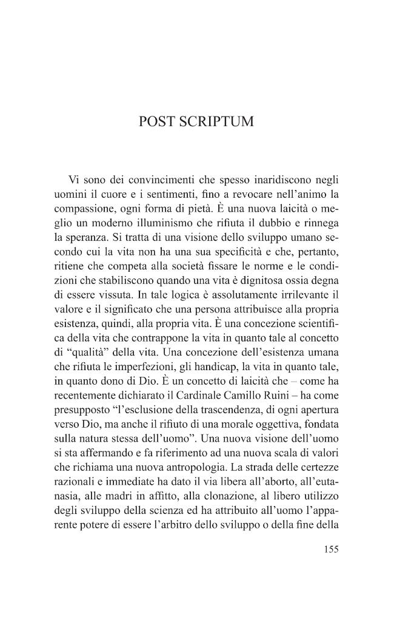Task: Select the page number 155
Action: tap(328, 550)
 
